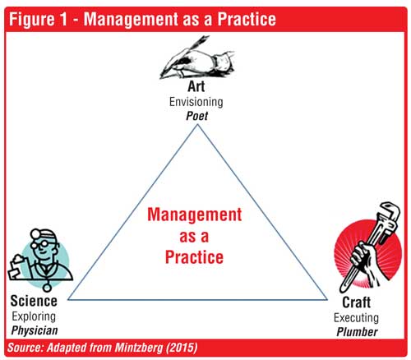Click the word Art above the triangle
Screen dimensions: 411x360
coord(196,86)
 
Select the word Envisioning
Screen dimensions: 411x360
coord(196,102)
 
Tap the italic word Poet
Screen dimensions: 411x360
coord(196,116)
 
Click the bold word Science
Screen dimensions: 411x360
coord(34,301)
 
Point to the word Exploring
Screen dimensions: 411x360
coord(34,316)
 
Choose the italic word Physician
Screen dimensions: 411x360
coord(35,330)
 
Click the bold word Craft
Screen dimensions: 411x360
coord(357,302)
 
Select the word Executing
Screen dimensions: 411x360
coord(356,318)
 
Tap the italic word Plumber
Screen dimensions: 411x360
coord(357,332)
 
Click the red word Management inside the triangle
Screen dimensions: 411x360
coord(195,215)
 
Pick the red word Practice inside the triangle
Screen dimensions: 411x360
coord(194,257)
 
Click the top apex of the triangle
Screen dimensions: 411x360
coord(197,125)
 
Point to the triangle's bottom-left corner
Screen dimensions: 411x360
coord(68,299)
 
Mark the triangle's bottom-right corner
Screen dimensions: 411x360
coord(327,299)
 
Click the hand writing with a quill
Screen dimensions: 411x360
coord(196,58)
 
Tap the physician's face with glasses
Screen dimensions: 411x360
coord(44,246)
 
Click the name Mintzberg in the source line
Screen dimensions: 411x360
coord(139,348)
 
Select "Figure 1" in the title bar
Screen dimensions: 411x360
coord(38,19)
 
